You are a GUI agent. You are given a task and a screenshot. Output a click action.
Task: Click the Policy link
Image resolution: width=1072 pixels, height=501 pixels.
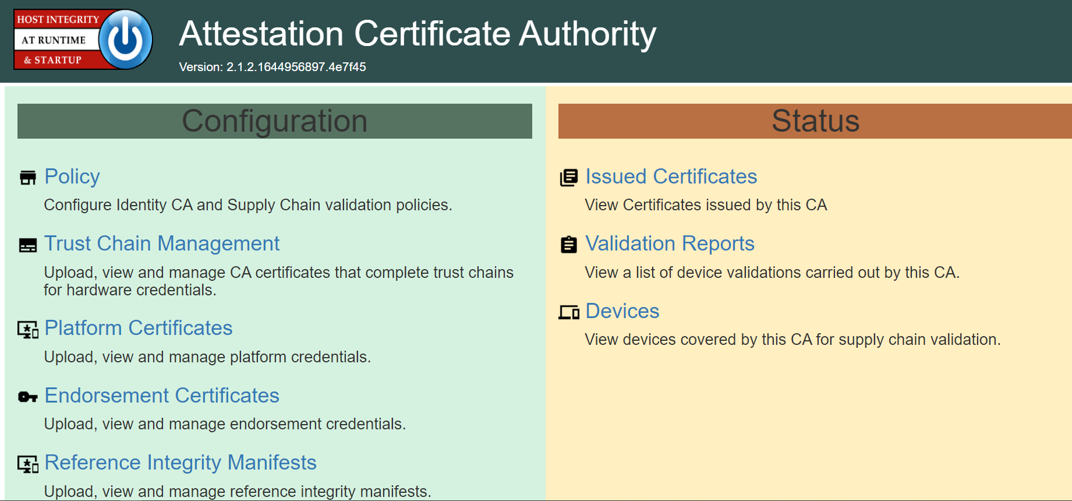[72, 177]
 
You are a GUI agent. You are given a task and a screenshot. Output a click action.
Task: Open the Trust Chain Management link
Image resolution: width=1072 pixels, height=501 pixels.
[162, 244]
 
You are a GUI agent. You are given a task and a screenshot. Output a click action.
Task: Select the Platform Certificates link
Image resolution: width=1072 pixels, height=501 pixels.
[139, 328]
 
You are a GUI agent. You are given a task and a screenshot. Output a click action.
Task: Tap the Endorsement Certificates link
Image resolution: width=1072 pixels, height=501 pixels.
[162, 396]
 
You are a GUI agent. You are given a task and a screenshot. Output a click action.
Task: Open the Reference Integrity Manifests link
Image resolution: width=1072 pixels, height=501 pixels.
[181, 463]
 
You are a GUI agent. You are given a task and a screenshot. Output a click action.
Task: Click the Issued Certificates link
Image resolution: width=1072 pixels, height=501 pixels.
[671, 177]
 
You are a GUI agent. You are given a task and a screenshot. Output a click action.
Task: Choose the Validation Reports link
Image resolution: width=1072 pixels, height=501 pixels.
[670, 244]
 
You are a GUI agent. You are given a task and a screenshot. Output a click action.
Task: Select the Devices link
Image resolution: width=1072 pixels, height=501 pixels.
[622, 311]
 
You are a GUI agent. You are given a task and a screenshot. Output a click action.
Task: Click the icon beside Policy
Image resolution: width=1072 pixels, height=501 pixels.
[28, 178]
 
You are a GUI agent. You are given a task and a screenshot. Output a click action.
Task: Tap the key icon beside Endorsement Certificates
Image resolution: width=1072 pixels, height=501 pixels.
[28, 397]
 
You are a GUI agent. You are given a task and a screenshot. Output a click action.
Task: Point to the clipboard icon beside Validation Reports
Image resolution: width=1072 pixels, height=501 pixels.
[569, 245]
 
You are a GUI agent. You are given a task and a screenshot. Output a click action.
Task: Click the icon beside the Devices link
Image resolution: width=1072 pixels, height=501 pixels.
[569, 312]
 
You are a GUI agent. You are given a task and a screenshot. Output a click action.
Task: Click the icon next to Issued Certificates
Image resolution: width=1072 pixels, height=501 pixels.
[569, 178]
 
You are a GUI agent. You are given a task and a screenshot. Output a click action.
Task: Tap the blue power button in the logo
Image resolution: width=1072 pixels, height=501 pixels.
[126, 40]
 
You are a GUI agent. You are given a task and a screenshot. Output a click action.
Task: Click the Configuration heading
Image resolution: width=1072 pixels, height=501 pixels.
[275, 121]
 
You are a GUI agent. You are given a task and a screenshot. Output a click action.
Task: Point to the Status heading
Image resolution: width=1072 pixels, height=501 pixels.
[815, 121]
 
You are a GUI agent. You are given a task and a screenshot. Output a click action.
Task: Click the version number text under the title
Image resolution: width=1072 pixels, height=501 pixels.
[273, 67]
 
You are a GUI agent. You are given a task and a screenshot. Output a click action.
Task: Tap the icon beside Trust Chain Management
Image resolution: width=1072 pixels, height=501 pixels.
[28, 245]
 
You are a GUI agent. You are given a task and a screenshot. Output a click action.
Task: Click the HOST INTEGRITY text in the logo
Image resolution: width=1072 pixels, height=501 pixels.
[58, 19]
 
